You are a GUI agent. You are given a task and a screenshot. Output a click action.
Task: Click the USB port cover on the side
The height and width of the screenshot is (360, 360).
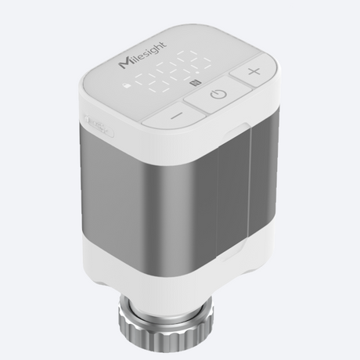[99, 124]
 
